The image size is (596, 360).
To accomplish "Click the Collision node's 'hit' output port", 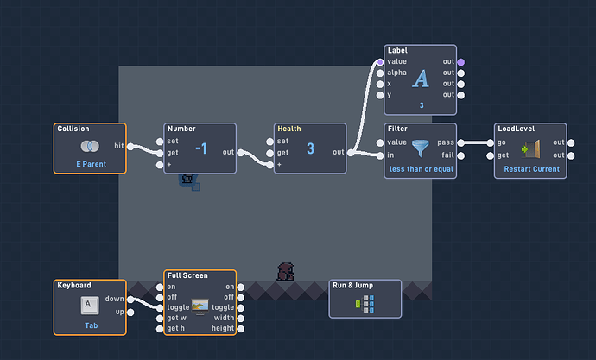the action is click(x=130, y=146).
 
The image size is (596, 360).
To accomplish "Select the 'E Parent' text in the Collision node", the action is click(x=92, y=164).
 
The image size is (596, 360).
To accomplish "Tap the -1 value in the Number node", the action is click(x=201, y=148).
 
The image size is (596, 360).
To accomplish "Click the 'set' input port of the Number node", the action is click(x=160, y=142).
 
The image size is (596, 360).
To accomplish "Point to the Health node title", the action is click(x=289, y=129).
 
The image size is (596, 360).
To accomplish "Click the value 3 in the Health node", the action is click(x=311, y=148).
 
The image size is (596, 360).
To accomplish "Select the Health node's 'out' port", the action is click(x=351, y=153).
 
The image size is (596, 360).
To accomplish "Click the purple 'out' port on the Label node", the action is click(x=461, y=62).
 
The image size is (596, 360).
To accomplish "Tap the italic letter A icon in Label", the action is click(x=421, y=79).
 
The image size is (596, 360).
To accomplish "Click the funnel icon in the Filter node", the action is click(x=421, y=148).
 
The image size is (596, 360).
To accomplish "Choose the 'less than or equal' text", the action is click(x=422, y=169).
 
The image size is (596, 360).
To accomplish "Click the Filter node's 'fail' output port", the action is click(x=461, y=155).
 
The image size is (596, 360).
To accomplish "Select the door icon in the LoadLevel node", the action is click(x=530, y=148).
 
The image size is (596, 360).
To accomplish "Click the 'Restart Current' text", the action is click(x=532, y=169).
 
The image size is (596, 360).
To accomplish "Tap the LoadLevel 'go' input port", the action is click(x=491, y=142).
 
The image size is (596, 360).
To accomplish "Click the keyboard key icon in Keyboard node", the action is click(x=90, y=306).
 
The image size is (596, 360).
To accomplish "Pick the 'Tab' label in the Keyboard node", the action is click(x=92, y=325).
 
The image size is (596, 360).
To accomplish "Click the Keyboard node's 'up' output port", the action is click(x=130, y=313).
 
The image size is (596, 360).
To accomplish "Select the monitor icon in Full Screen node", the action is click(x=200, y=306).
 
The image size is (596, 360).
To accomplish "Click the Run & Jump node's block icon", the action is click(x=365, y=304).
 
